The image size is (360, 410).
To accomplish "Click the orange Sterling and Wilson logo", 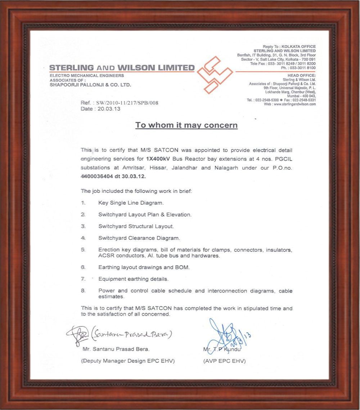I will [x=215, y=75].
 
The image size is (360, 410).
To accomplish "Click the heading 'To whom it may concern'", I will [x=186, y=125].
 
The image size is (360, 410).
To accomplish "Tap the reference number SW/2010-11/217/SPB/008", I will [x=127, y=103].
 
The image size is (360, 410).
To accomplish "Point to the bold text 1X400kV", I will [x=158, y=159].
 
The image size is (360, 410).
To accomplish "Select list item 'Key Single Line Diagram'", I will [x=131, y=203].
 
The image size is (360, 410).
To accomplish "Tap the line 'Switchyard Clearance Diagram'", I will [x=139, y=238].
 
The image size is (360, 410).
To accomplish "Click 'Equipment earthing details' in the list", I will [x=133, y=279].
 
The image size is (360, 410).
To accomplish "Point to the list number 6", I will [x=83, y=267].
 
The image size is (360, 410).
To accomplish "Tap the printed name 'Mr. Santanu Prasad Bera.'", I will [x=116, y=349].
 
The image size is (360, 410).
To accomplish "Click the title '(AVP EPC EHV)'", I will [x=224, y=361].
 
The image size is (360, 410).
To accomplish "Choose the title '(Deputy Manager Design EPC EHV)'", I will [x=128, y=361].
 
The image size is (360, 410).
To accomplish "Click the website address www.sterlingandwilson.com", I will [x=294, y=104].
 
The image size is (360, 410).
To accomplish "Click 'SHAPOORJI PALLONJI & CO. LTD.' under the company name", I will [x=90, y=85].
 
